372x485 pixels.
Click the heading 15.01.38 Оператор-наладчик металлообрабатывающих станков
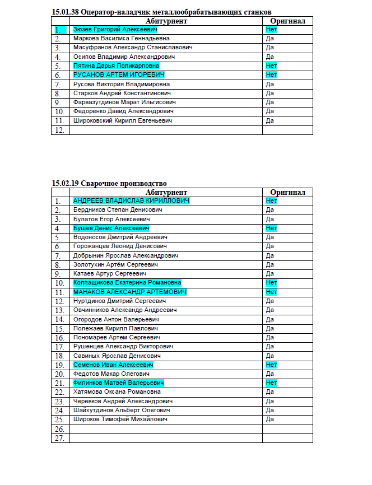[x=161, y=12]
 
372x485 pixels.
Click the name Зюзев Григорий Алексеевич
[x=115, y=29]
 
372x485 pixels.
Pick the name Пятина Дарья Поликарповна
[x=116, y=66]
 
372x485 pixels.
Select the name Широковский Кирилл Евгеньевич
[x=122, y=120]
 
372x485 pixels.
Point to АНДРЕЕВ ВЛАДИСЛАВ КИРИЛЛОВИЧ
[x=131, y=200]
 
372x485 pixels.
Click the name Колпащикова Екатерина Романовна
[x=127, y=283]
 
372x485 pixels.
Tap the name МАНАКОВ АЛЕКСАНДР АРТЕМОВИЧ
[x=129, y=292]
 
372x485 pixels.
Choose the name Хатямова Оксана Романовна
[x=117, y=392]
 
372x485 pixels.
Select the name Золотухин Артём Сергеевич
[x=115, y=264]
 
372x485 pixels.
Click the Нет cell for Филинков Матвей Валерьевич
[x=271, y=383]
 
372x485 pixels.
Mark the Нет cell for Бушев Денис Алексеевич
[x=271, y=228]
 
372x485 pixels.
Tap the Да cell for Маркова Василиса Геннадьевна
[x=269, y=39]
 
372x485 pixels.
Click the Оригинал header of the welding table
[x=287, y=192]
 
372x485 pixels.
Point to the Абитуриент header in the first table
[x=165, y=21]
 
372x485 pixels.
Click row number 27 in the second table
[x=59, y=438]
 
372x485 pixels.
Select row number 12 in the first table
[x=59, y=130]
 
